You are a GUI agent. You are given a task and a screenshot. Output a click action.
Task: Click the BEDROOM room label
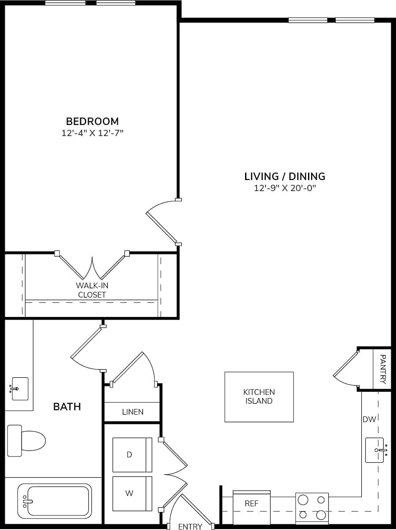[x=92, y=121]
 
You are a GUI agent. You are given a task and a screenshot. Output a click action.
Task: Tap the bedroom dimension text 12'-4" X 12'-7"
[x=92, y=133]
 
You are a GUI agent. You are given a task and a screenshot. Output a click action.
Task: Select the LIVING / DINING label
[x=285, y=177]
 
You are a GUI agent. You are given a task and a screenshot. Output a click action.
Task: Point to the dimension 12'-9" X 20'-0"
[x=285, y=188]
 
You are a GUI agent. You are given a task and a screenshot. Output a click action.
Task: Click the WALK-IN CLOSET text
[x=92, y=290]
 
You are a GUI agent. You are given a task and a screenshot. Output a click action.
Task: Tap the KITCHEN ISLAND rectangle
[x=259, y=397]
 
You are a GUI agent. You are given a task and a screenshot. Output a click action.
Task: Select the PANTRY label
[x=382, y=369]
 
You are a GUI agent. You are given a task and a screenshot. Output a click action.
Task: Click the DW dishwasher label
[x=369, y=420]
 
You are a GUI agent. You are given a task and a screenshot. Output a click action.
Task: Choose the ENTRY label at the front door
[x=190, y=526]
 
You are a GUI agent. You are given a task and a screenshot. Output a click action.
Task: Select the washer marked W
[x=132, y=493]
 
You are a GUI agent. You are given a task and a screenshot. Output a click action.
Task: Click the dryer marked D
[x=132, y=455]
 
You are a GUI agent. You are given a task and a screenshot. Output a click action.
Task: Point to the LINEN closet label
[x=132, y=412]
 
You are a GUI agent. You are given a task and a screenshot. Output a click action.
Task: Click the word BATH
[x=67, y=407]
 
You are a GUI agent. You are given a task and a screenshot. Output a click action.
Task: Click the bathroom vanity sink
[x=20, y=389]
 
